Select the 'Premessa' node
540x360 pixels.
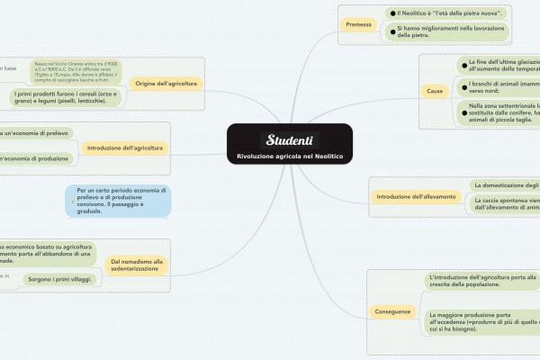pyautogui.click(x=358, y=24)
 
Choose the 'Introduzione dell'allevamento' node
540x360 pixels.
pyautogui.click(x=416, y=196)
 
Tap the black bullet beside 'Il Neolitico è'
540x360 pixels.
pyautogui.click(x=391, y=14)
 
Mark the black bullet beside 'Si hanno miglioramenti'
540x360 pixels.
pyautogui.click(x=391, y=31)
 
